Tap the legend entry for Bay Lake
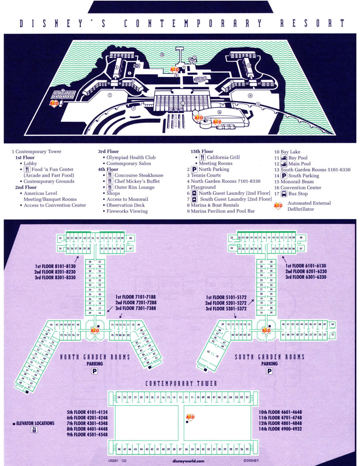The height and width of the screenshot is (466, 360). point(287,152)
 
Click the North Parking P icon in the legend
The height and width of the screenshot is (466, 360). point(194,169)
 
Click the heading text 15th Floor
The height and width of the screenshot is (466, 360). point(202,152)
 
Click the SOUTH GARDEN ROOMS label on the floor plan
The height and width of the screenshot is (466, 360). point(270,357)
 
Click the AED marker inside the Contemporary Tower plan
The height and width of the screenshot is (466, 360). point(190,418)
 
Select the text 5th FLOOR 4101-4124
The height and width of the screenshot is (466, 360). point(87,411)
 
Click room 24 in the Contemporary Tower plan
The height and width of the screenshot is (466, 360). point(119,397)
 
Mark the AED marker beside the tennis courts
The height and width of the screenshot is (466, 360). point(54,103)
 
